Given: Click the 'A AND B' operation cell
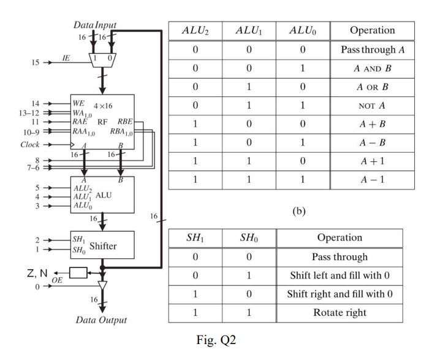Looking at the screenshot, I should (372, 67).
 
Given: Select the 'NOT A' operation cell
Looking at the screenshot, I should (372, 105).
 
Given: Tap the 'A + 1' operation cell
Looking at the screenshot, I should (372, 162).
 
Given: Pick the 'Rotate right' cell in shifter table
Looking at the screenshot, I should (339, 313).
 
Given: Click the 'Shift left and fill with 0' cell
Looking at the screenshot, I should (339, 275).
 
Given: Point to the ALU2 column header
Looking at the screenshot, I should (194, 31).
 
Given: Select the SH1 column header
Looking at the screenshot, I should (194, 238).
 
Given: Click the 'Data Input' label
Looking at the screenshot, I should (94, 26).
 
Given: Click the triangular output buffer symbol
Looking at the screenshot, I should (102, 286).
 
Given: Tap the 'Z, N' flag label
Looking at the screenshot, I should (39, 273).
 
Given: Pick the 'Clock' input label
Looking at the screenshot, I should (29, 145).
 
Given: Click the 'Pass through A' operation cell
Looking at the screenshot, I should (372, 49).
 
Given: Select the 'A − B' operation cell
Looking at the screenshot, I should (372, 143).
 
